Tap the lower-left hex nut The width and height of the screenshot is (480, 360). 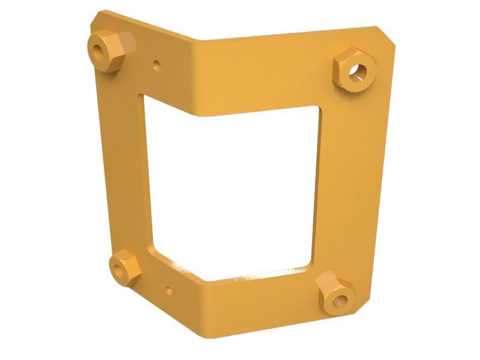click(124, 267)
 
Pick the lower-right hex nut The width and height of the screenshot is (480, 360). click(335, 292)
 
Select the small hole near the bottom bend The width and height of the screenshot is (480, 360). click(169, 292)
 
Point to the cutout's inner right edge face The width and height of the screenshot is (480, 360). click(316, 186)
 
